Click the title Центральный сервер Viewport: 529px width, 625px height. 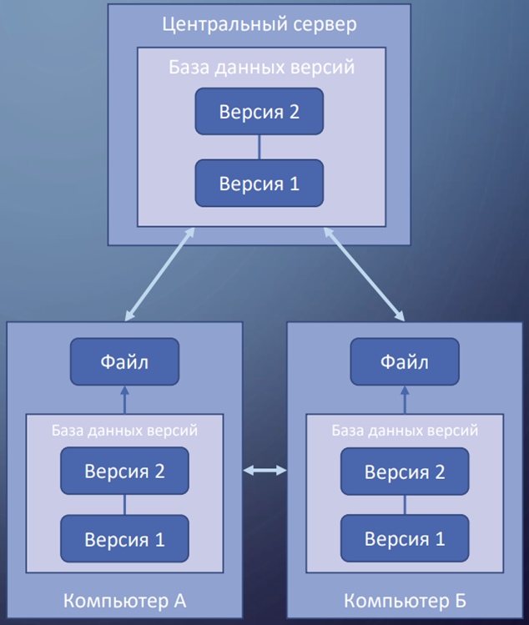(259, 23)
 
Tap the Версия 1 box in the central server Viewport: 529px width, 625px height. (259, 184)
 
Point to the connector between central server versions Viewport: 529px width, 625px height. (259, 148)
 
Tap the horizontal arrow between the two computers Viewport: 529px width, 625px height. (264, 471)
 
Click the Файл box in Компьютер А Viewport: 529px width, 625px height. (124, 362)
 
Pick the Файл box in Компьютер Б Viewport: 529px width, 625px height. (405, 362)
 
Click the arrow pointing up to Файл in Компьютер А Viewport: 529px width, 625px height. (124, 399)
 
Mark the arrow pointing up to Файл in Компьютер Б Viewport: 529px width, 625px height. (405, 399)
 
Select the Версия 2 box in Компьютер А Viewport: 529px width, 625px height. (124, 471)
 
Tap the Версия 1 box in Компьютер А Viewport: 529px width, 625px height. (124, 539)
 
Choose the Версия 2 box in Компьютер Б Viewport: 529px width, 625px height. (405, 471)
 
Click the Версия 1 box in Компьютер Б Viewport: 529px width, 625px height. (405, 539)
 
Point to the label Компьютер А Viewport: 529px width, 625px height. (124, 600)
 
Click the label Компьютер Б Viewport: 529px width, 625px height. (405, 600)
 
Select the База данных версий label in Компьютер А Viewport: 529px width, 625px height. (124, 431)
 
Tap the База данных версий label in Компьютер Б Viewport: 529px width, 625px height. (405, 431)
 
